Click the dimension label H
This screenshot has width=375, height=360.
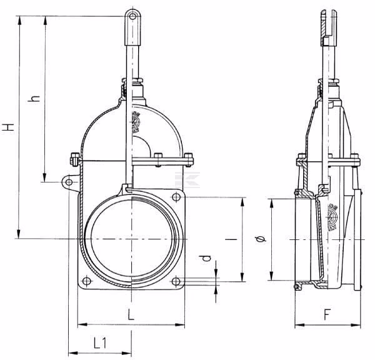(9, 127)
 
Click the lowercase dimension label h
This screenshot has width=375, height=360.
(34, 98)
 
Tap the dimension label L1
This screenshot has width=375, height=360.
(100, 342)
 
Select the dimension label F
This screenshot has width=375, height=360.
(327, 314)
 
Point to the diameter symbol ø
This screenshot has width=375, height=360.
(261, 239)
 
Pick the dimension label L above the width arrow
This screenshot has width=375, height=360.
(131, 314)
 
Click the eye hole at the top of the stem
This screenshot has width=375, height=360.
(132, 16)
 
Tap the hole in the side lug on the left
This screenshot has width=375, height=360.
(69, 182)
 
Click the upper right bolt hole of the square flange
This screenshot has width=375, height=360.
(176, 197)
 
